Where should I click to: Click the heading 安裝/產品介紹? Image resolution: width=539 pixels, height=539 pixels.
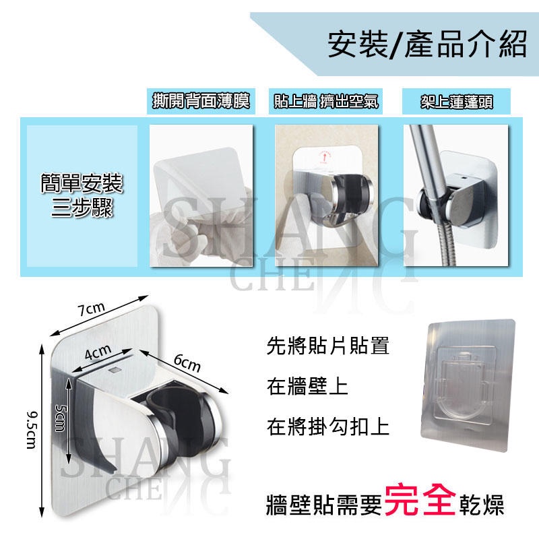coord(426,45)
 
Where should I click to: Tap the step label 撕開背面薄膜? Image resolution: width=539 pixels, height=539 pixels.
coord(200,102)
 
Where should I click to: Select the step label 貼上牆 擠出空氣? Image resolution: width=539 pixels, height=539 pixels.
coord(326,102)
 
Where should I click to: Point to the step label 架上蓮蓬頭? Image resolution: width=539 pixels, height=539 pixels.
coord(456,102)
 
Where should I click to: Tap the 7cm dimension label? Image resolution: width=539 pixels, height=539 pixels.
coord(92,309)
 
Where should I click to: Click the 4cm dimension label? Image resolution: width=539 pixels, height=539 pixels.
coord(98,352)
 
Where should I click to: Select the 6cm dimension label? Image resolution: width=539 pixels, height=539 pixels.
coord(187,364)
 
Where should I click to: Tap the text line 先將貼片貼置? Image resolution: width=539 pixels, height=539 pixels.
coord(327,349)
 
